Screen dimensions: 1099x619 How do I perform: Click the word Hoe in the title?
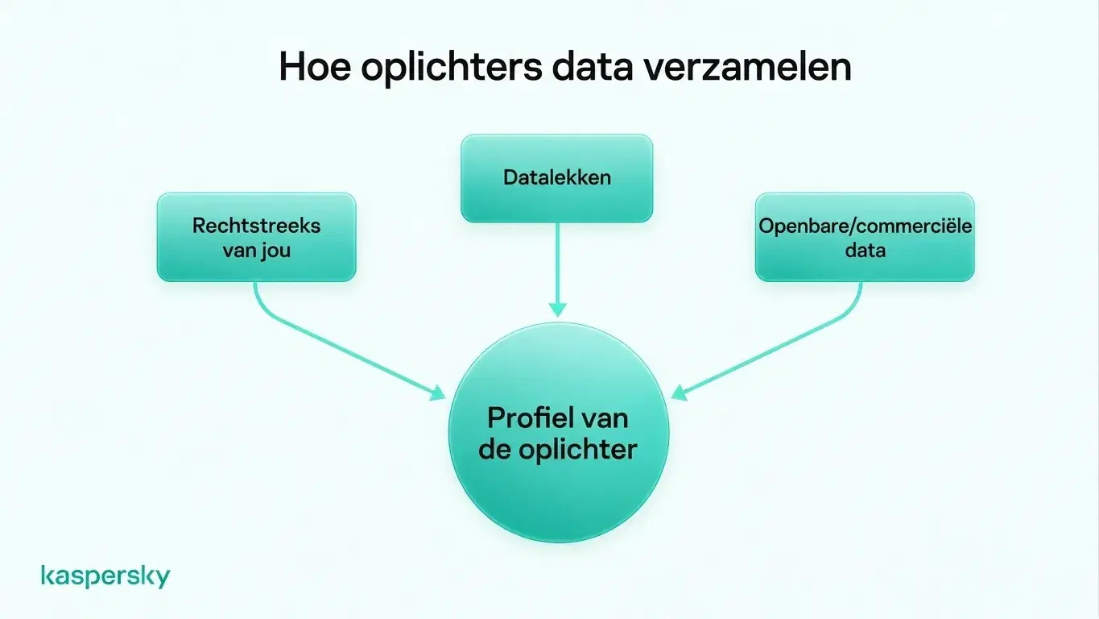coord(315,66)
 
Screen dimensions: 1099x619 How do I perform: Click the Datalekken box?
coord(557,178)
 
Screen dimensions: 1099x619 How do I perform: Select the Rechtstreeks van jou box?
coord(257,237)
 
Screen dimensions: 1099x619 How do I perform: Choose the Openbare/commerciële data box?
coord(865,237)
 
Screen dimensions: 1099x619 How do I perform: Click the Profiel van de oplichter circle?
coord(558,433)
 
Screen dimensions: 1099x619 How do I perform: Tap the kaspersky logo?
coord(105,576)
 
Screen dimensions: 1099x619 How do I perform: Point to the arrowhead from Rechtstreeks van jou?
coord(438,393)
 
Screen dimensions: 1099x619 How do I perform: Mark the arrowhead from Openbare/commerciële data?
coord(679,393)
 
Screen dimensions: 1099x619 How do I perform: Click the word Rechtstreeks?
coord(256,226)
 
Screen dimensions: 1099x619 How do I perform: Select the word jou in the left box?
coord(276,251)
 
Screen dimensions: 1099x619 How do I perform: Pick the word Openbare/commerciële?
coord(865,226)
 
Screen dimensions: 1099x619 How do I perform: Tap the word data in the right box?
coord(865,250)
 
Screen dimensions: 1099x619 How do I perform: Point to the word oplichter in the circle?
coord(578,450)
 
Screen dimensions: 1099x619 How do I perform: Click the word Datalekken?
coord(557,177)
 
